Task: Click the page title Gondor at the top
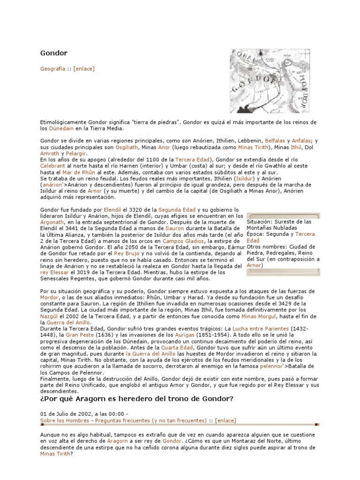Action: tap(54, 53)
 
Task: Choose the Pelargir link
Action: tap(75, 153)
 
